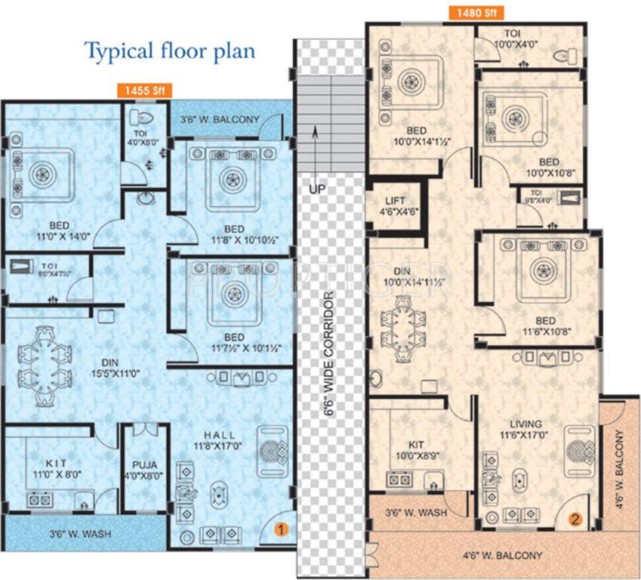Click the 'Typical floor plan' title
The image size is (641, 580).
point(169,51)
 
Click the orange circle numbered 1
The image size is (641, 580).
point(281,529)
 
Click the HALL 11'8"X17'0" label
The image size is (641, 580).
point(217,440)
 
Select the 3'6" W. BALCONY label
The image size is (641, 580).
point(220,119)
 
